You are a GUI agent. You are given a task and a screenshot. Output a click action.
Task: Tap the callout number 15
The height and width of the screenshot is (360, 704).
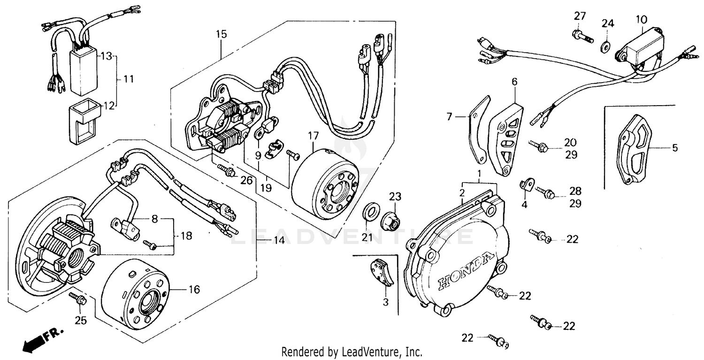[x=221, y=34]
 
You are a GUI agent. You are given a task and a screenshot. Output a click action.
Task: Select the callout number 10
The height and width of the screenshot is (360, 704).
[x=642, y=20]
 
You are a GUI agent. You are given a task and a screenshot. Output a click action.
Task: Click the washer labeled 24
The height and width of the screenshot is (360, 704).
[x=606, y=45]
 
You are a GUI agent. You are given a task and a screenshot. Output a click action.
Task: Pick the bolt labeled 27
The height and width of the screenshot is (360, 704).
[x=582, y=35]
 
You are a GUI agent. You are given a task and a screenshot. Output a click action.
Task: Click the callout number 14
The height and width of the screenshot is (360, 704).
[x=279, y=240]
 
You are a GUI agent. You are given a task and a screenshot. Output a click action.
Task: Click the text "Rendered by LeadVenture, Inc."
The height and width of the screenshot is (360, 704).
[x=352, y=352]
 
